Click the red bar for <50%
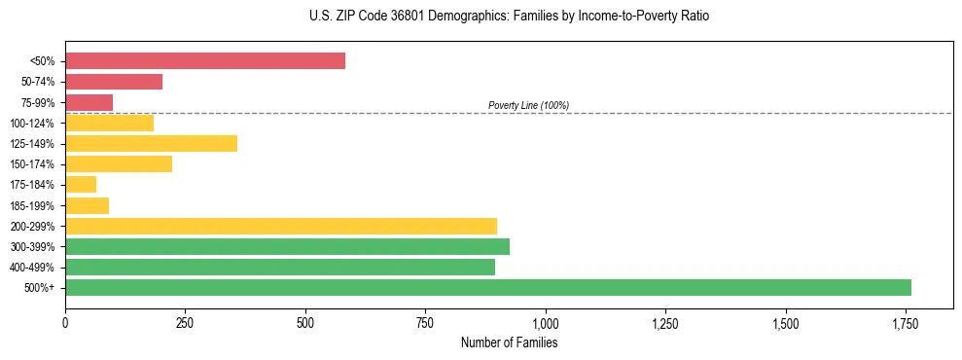[205, 61]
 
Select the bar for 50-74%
[114, 82]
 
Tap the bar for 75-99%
[89, 102]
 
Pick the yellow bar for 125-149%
[151, 143]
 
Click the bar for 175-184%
[81, 184]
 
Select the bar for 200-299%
[281, 226]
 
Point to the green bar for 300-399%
[287, 246]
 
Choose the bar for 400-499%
[280, 267]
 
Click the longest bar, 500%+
[488, 287]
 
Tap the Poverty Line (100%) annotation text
[528, 105]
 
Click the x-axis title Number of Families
[509, 342]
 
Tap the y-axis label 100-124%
[32, 124]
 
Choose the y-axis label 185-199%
[32, 205]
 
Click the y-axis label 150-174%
[32, 164]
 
